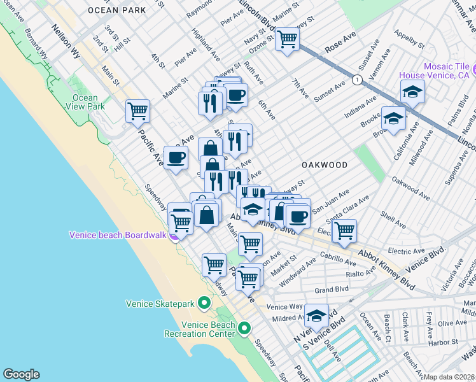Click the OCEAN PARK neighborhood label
tap(118, 10)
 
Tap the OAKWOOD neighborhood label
tap(325, 165)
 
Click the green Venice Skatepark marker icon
tap(205, 302)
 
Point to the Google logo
tap(21, 374)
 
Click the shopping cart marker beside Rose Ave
tap(288, 39)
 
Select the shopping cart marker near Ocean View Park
tap(137, 111)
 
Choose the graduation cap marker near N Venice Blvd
tap(316, 315)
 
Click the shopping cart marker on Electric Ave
tap(344, 230)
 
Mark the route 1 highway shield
tap(358, 80)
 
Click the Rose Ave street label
tap(340, 40)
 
